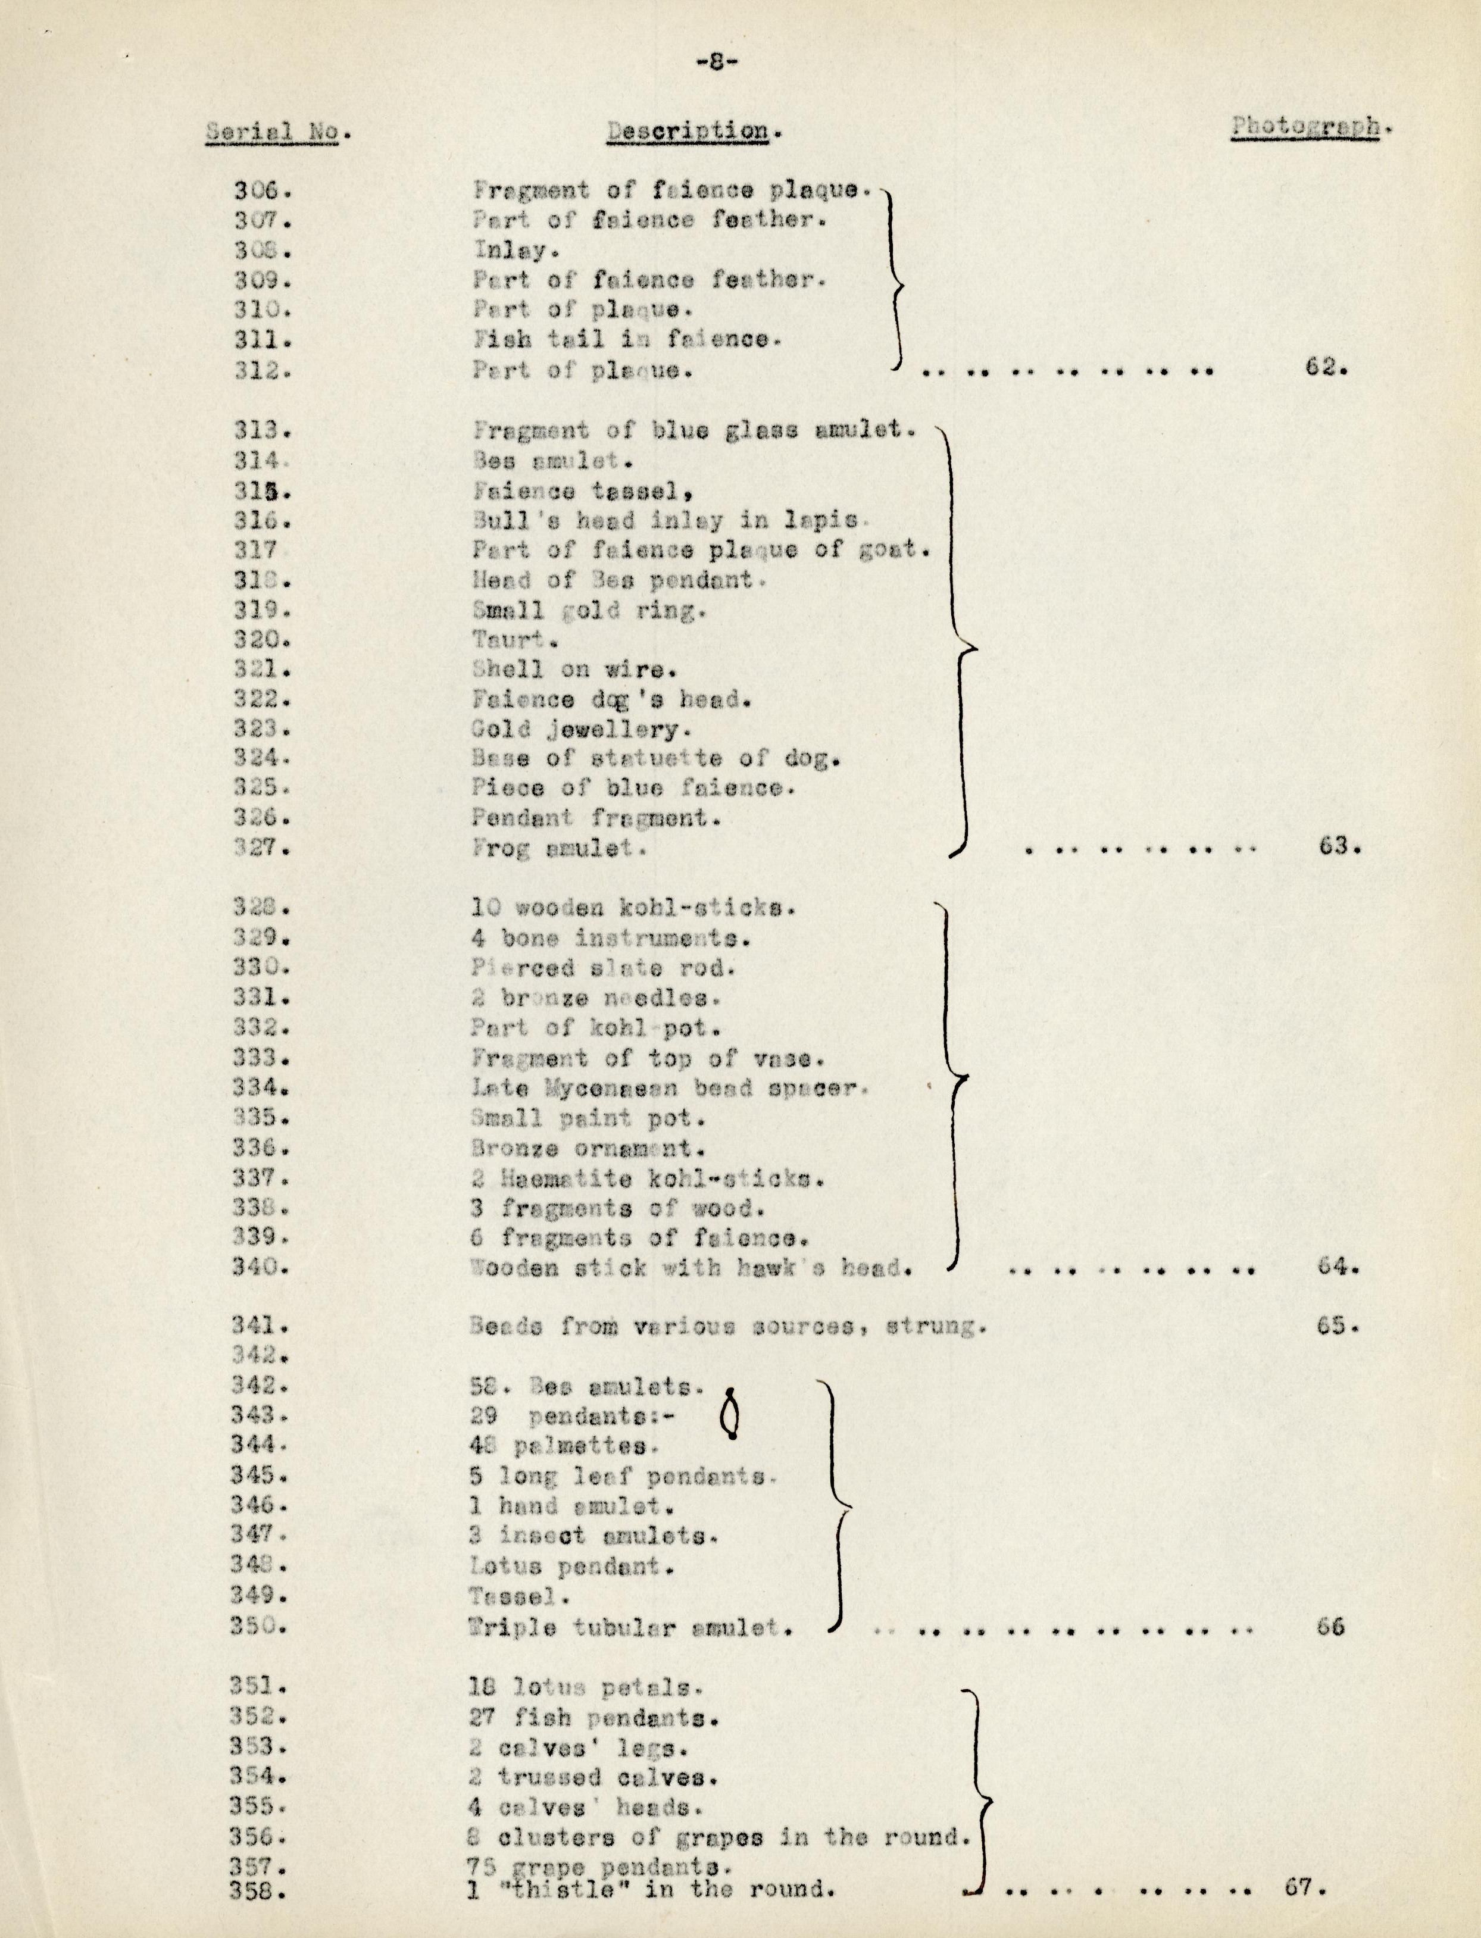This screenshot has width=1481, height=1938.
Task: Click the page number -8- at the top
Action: tap(715, 62)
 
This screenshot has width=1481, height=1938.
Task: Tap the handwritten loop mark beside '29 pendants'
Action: tap(730, 1414)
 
